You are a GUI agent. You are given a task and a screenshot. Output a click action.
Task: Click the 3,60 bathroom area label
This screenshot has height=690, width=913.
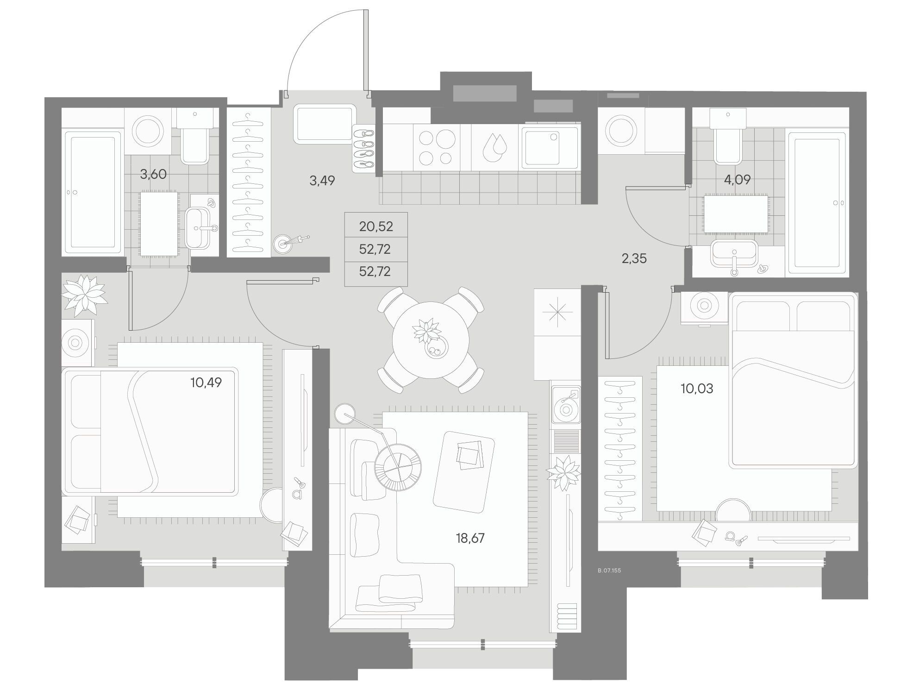(153, 174)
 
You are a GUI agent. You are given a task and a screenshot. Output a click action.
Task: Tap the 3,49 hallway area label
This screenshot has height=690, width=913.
(322, 181)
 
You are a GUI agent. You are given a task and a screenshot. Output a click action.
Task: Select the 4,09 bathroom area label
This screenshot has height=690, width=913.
(737, 180)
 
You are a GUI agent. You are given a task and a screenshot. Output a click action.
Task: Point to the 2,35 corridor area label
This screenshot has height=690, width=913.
(634, 258)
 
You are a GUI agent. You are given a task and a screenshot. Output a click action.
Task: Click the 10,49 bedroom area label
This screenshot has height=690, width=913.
(206, 383)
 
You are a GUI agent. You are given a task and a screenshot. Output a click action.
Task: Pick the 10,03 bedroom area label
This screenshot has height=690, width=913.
(697, 389)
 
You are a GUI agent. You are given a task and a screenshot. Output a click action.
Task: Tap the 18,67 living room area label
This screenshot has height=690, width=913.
(470, 538)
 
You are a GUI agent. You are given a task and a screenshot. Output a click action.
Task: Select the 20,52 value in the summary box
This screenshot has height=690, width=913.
(376, 226)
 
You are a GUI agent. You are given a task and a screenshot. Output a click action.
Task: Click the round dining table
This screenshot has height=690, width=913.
(431, 340)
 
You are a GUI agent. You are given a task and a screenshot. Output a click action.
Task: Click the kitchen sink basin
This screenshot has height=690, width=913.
(550, 147)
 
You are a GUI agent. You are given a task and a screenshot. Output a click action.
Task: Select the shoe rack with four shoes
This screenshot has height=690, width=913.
(363, 149)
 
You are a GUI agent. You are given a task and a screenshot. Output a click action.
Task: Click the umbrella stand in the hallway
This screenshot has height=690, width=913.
(283, 244)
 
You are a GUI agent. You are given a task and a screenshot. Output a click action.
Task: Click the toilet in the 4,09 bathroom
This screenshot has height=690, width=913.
(728, 136)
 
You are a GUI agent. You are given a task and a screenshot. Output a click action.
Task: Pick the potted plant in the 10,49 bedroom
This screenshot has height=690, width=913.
(84, 293)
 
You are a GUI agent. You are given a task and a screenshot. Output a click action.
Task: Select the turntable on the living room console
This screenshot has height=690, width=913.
(565, 405)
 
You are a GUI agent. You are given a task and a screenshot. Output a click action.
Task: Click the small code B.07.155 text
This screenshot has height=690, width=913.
(609, 571)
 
